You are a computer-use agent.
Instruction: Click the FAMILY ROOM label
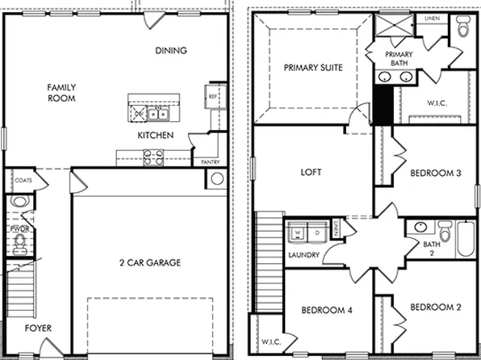point(61,92)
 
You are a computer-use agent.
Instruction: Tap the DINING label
point(170,51)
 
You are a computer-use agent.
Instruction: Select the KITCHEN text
point(155,135)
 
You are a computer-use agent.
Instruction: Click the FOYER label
point(37,328)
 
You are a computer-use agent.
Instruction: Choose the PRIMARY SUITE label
point(312,69)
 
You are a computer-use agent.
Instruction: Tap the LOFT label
point(312,172)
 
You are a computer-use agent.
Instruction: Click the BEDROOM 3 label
point(435,174)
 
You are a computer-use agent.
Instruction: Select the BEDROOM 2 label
point(435,308)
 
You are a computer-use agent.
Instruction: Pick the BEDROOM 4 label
point(327,310)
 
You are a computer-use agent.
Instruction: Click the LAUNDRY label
point(304,256)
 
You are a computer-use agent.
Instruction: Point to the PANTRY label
point(210,162)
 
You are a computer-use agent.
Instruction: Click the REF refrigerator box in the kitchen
point(213,96)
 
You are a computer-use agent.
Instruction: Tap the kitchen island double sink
point(148,112)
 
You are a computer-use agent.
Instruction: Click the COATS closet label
point(23,181)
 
